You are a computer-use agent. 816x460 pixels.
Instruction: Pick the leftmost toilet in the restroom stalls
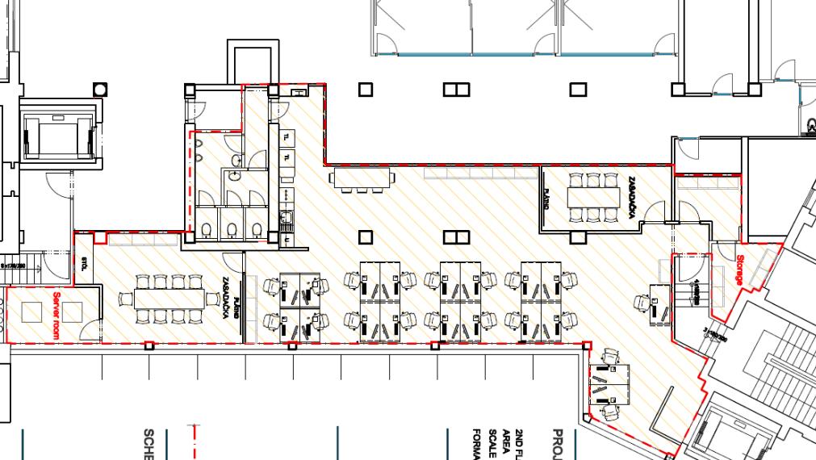click(x=207, y=231)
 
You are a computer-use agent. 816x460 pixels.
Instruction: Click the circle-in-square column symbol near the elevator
click(x=100, y=89)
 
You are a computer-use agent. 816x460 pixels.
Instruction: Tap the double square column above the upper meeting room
click(x=456, y=89)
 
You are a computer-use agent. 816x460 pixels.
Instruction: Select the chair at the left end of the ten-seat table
click(x=125, y=299)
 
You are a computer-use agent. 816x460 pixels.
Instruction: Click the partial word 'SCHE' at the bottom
click(x=149, y=443)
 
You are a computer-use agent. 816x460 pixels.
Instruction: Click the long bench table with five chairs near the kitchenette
click(x=361, y=176)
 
